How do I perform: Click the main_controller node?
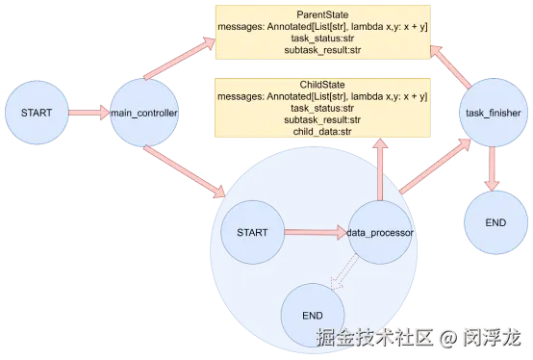(144, 113)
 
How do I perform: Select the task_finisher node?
(494, 113)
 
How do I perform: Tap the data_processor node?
(380, 233)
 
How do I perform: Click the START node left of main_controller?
(37, 113)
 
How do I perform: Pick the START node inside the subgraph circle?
(253, 233)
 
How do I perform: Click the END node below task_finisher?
(495, 222)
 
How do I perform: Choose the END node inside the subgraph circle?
(313, 316)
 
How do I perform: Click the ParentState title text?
(322, 14)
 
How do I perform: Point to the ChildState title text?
(322, 85)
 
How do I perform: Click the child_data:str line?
(322, 132)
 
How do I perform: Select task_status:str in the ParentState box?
(322, 39)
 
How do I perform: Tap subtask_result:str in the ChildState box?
(322, 119)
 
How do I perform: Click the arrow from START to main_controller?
(89, 113)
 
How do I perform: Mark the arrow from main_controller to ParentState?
(180, 58)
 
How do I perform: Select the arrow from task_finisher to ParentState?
(450, 67)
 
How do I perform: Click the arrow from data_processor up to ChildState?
(380, 169)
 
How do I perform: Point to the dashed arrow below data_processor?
(344, 272)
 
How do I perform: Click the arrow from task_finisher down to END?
(492, 168)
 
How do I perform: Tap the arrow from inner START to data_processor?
(316, 233)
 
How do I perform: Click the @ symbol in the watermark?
(448, 338)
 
